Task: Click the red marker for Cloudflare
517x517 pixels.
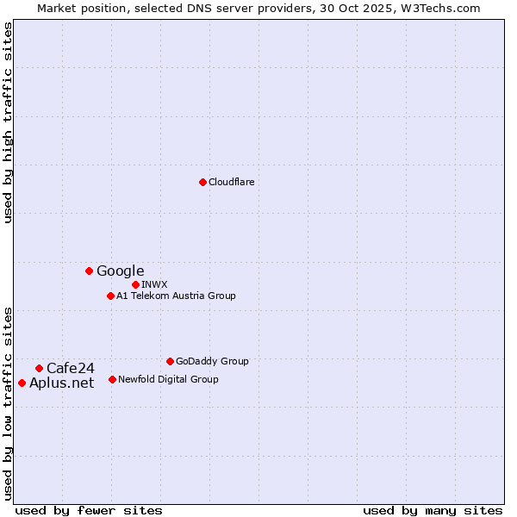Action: tap(202, 182)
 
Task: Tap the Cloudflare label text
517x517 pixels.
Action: tap(232, 183)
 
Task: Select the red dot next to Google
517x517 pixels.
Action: tap(89, 271)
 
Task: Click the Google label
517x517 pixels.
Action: tap(121, 271)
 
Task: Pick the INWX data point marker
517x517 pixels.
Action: tap(135, 284)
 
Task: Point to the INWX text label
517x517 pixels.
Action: tap(154, 284)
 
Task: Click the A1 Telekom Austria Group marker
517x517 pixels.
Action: tap(110, 296)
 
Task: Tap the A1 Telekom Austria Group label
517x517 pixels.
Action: tap(176, 296)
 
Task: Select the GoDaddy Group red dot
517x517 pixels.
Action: tap(170, 361)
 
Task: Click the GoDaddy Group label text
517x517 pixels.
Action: tap(212, 362)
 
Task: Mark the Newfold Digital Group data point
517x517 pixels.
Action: tap(112, 379)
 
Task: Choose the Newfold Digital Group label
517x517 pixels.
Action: tap(168, 379)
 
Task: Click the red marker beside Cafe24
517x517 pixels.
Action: tap(39, 368)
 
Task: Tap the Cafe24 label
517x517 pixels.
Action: tap(71, 369)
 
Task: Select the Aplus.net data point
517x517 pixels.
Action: tap(22, 383)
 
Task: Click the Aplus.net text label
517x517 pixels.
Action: tap(62, 383)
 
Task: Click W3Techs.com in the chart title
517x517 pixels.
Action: tap(445, 8)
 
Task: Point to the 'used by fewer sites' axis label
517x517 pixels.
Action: tap(89, 510)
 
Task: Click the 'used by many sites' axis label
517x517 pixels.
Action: tap(433, 510)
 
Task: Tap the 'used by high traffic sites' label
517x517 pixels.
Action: tap(9, 123)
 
